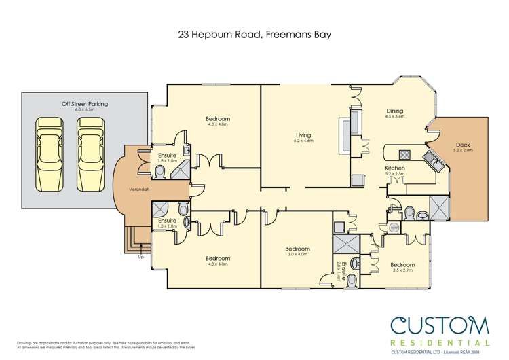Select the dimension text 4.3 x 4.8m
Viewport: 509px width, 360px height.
click(218, 125)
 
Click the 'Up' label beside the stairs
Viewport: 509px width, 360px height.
click(140, 257)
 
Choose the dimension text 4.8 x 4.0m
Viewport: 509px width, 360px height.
click(218, 264)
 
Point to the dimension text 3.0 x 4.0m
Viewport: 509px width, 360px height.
click(297, 255)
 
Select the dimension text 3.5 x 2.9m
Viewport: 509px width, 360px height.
click(402, 270)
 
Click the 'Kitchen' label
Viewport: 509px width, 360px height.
click(395, 168)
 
